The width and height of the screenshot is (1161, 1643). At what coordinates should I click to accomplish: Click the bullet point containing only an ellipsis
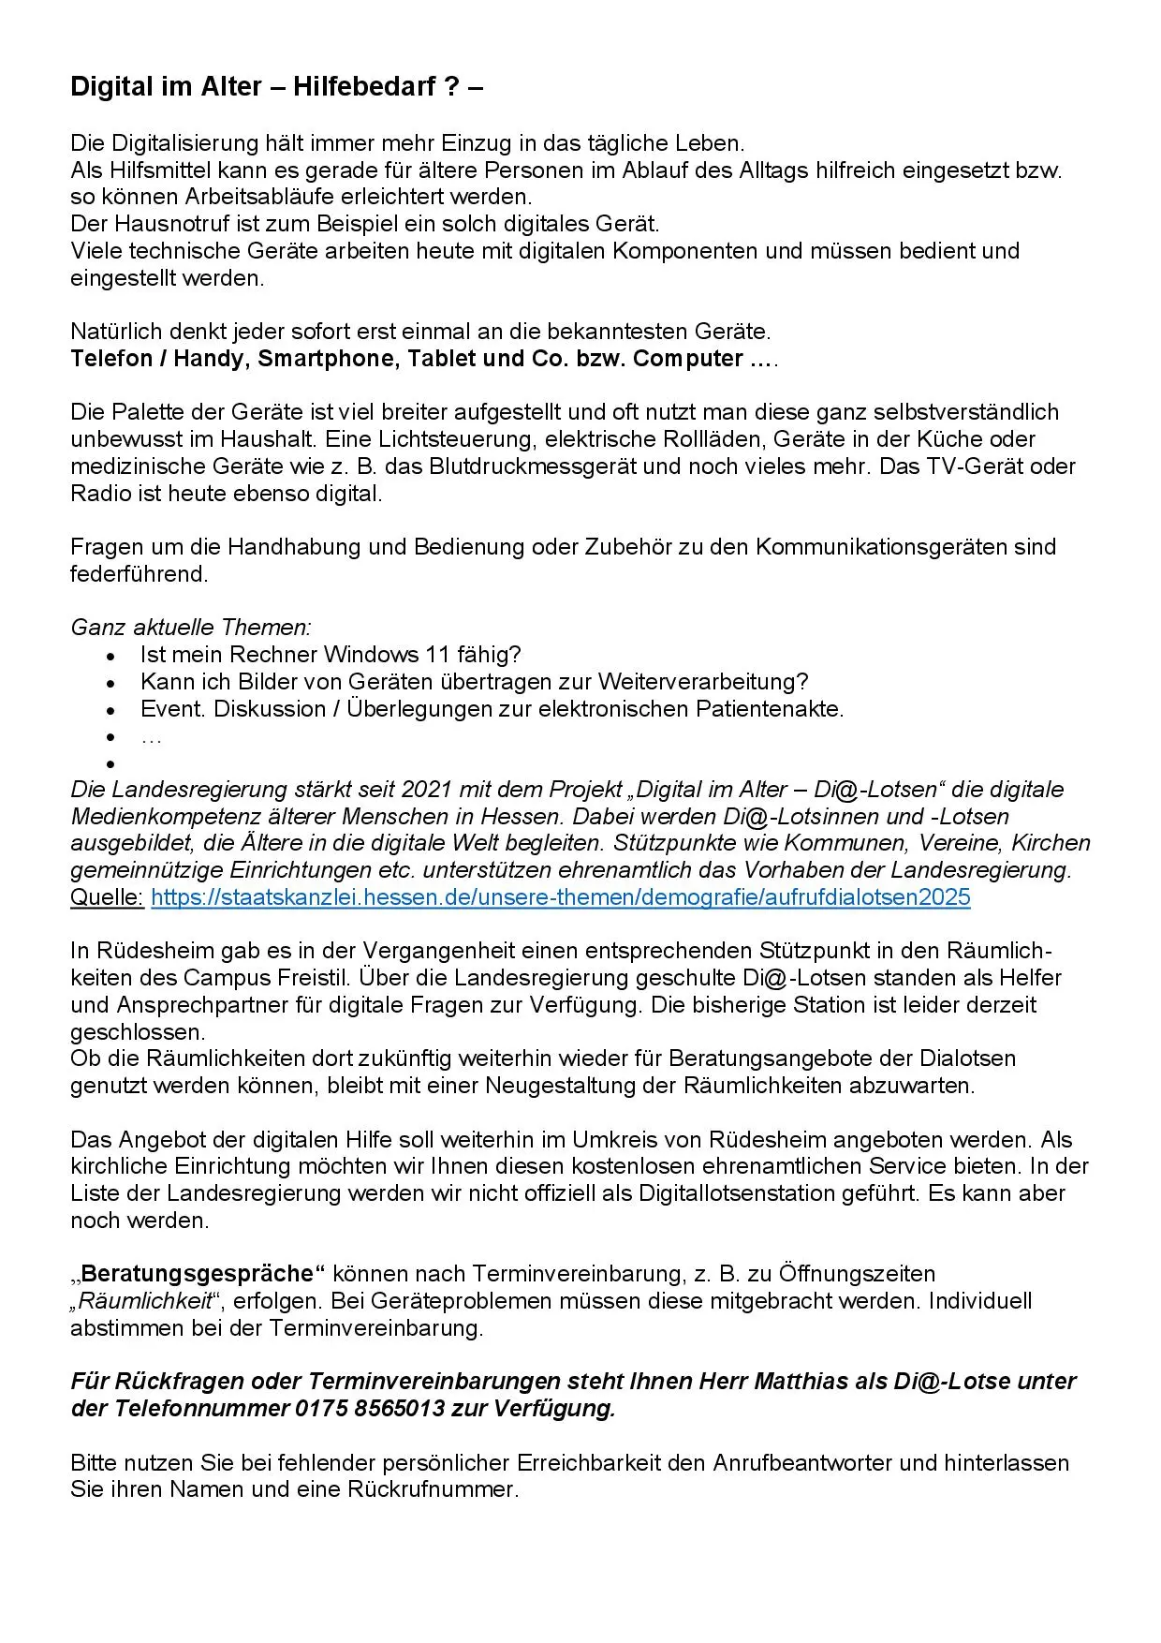tap(151, 737)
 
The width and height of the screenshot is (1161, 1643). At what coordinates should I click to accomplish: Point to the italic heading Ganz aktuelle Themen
tap(191, 628)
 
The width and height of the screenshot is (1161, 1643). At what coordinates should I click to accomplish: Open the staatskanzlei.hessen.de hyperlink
tap(560, 897)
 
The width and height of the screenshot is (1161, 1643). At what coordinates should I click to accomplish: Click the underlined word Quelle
tap(107, 897)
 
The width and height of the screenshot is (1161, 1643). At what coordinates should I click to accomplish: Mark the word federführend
tap(139, 574)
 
